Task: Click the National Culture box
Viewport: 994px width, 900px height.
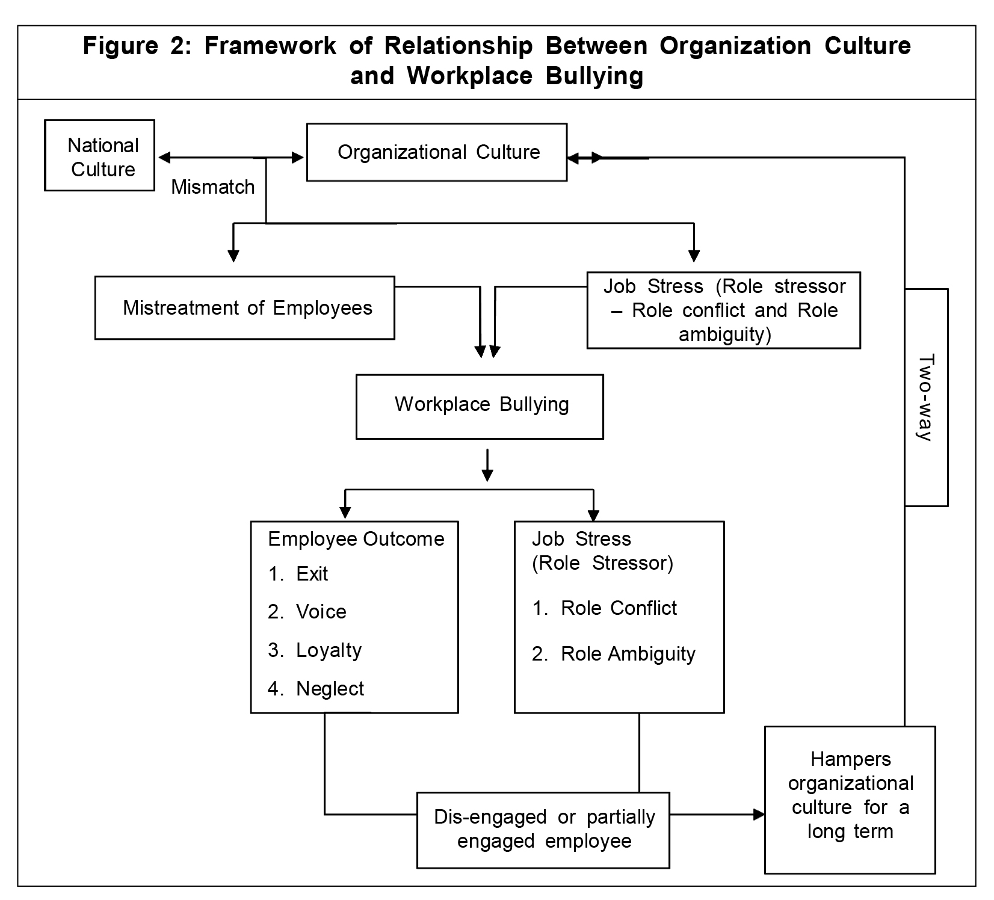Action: [x=100, y=156]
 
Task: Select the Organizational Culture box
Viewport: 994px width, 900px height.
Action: [x=437, y=152]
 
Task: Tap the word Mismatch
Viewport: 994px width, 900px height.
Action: [x=213, y=187]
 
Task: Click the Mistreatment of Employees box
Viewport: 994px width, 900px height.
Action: [x=245, y=308]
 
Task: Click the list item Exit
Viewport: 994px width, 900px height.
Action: [x=312, y=574]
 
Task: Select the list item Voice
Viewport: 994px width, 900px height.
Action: [x=321, y=612]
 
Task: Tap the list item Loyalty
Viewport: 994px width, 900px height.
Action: [x=329, y=650]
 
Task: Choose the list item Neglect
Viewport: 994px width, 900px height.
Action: [x=330, y=689]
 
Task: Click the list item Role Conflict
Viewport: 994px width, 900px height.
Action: [x=619, y=608]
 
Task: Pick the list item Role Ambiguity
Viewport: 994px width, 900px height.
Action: [x=628, y=654]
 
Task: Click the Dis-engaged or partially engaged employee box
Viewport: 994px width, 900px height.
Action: [x=543, y=830]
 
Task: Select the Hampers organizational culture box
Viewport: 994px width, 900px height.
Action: [x=850, y=795]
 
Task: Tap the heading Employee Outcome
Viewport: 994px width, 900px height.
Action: [x=356, y=539]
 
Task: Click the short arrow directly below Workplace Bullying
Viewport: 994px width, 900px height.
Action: [x=488, y=466]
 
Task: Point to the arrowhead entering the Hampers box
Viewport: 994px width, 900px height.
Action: [x=759, y=815]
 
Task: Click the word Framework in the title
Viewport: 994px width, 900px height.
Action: [x=270, y=46]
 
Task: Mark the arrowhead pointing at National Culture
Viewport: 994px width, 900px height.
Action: [x=164, y=158]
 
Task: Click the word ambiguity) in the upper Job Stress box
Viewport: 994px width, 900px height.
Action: [x=724, y=334]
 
